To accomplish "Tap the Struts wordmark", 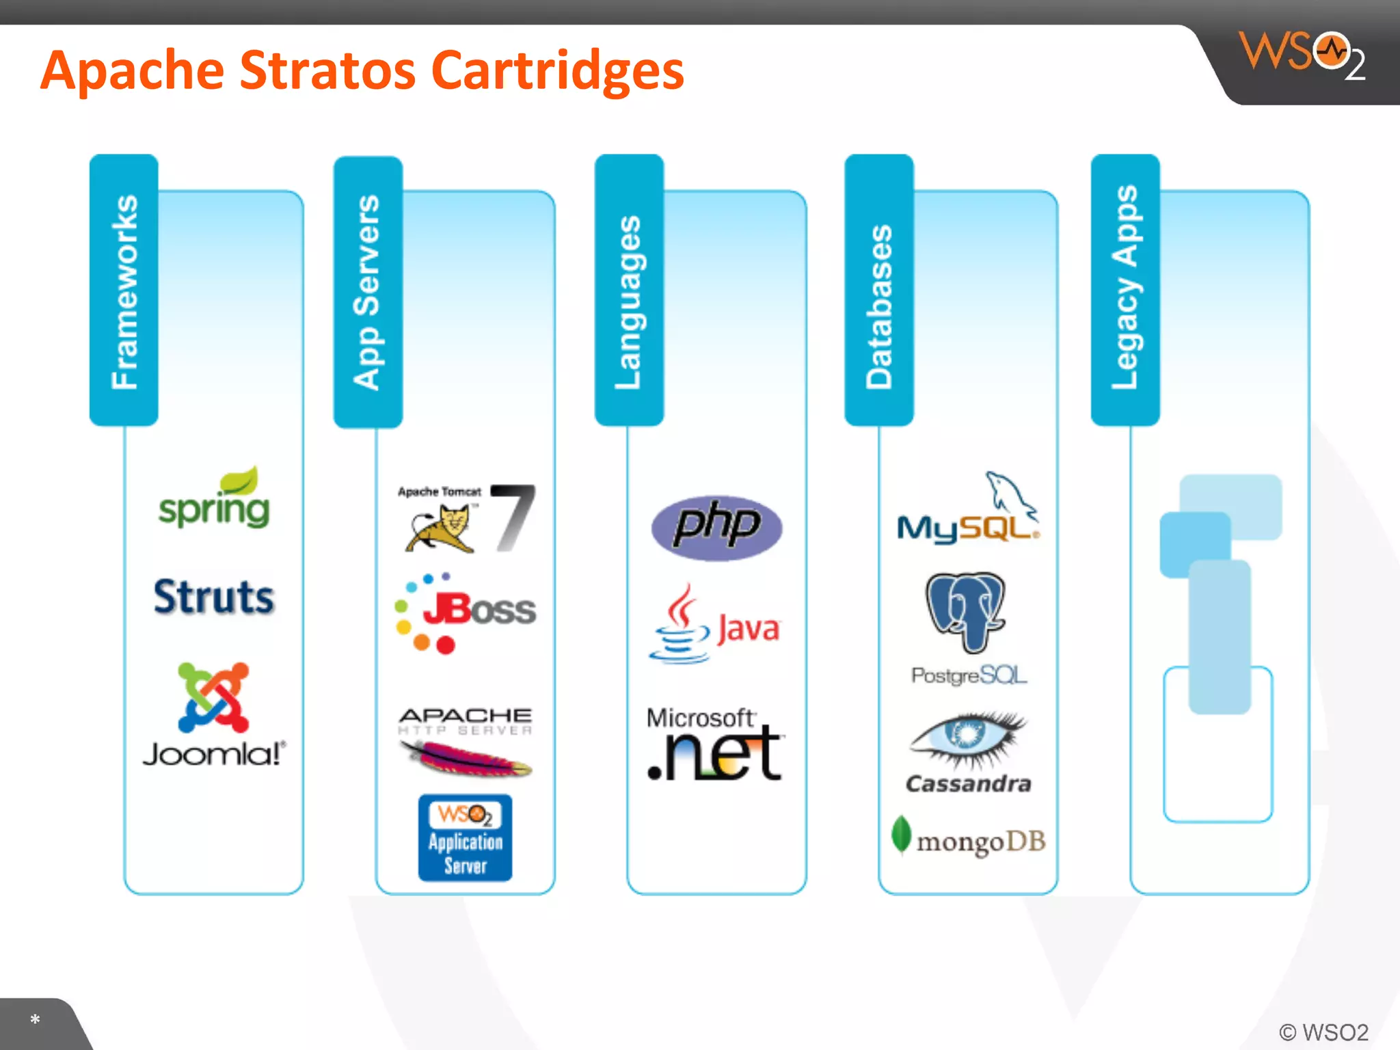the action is coord(214,597).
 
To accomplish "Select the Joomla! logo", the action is coord(214,714).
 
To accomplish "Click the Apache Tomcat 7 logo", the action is coord(466,518).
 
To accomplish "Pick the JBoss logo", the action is coord(466,612).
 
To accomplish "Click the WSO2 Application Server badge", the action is coord(466,837).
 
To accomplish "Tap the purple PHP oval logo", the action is coord(716,527).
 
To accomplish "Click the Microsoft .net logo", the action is coord(715,745).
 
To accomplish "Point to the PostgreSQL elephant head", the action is coord(965,610).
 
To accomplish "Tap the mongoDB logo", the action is coord(969,839).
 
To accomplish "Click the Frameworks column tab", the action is coord(124,290).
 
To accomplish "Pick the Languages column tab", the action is coord(629,290).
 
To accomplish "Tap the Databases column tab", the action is coord(879,290).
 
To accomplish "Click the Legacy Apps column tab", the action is coord(1125,290).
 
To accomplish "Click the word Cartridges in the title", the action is coord(558,70).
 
